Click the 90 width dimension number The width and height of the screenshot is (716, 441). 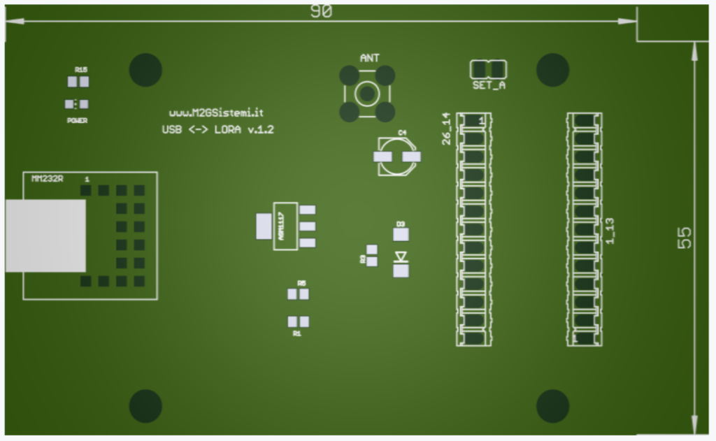[321, 12]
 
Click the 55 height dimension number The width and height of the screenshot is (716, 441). [685, 238]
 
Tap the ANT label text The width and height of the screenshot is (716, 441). [369, 58]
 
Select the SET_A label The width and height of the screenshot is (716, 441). [489, 85]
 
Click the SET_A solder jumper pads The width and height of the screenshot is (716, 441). [488, 69]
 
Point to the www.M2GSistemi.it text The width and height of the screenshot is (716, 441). [215, 113]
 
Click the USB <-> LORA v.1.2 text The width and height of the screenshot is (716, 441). [217, 130]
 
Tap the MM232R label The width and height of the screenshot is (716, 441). [48, 179]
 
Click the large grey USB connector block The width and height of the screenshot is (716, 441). [45, 236]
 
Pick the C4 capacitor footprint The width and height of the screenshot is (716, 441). [398, 156]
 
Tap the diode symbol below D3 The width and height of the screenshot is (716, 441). [401, 257]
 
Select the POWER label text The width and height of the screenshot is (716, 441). [77, 120]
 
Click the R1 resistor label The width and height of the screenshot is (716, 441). [297, 334]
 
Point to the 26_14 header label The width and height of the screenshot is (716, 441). [447, 129]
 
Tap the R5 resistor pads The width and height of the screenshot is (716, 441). [298, 294]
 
